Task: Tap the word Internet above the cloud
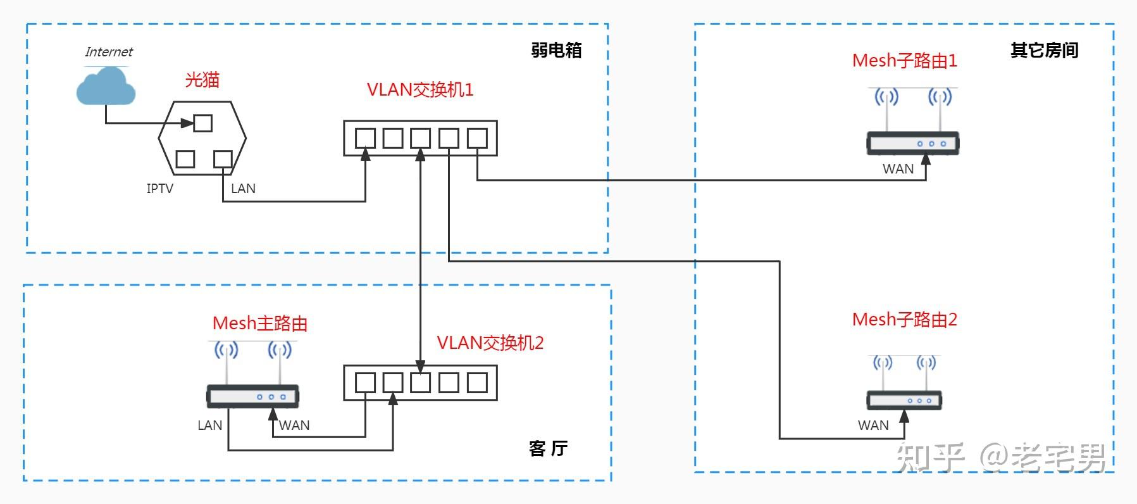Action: (x=109, y=52)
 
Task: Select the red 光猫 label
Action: (x=202, y=80)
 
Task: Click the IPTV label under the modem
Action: (x=159, y=188)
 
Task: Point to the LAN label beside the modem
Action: (x=243, y=188)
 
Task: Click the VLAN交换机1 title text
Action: (x=420, y=89)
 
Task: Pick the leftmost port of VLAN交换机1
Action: (x=365, y=138)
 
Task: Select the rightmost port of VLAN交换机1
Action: (x=477, y=138)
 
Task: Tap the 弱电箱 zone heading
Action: (x=556, y=51)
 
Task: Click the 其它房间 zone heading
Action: (x=1044, y=51)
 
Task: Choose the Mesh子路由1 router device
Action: (x=912, y=143)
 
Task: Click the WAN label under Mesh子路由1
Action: (x=898, y=169)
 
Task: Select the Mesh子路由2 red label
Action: (x=904, y=319)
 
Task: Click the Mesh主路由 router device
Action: (x=252, y=396)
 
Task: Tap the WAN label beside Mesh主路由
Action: (x=295, y=425)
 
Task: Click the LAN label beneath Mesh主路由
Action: (x=209, y=425)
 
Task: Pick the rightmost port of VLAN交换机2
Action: (x=477, y=382)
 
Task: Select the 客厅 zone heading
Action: (x=548, y=448)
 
